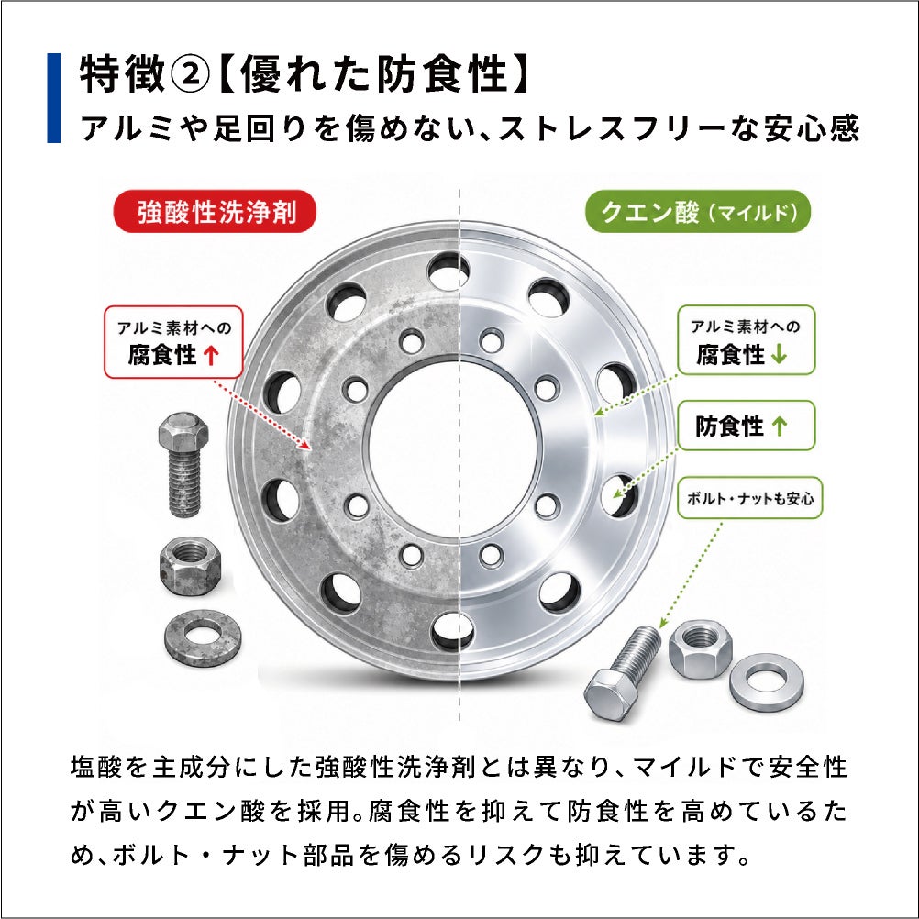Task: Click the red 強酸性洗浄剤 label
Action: point(215,212)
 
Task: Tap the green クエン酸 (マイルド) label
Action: point(697,212)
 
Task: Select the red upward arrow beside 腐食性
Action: point(211,355)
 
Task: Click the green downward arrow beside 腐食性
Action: point(779,354)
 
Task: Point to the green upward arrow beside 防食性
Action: point(779,426)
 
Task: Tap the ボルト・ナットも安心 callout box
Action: point(749,498)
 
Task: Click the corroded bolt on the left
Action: point(183,463)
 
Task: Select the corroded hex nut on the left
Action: point(191,566)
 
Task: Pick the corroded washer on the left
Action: point(203,635)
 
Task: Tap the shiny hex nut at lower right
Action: point(700,648)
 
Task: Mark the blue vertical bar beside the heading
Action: point(53,98)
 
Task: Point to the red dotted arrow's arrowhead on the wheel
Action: point(305,445)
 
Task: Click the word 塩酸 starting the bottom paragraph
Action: point(95,767)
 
